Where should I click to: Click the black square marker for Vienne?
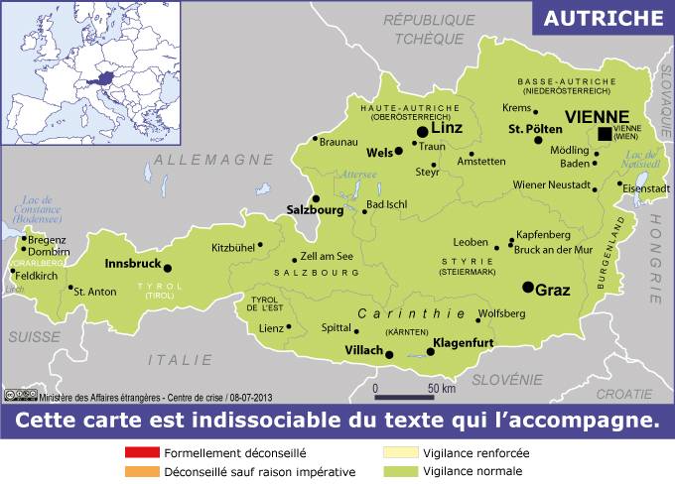coord(605,134)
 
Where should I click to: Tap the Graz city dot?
coord(528,287)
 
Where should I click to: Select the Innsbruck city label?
coord(132,265)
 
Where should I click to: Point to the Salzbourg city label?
coord(315,210)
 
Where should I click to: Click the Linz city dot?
coord(423,131)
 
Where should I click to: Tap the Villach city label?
coord(362,350)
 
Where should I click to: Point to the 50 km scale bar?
coord(409,395)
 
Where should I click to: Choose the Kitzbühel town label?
coord(232,248)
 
